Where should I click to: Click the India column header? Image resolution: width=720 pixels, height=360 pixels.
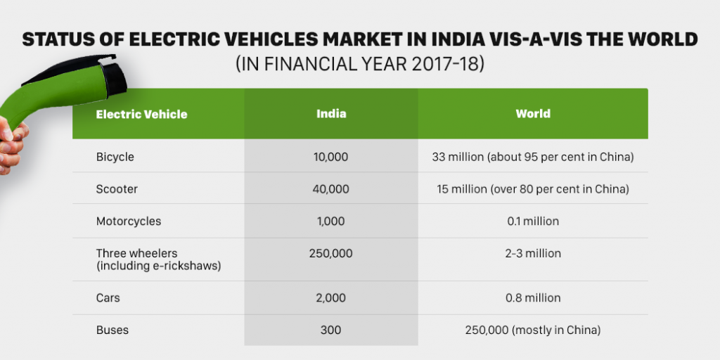click(x=331, y=113)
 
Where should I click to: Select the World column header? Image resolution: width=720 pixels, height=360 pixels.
click(x=533, y=113)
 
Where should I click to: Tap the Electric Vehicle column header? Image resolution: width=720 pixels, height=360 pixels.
click(x=141, y=114)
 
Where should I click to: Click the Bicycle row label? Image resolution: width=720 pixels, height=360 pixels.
click(x=115, y=157)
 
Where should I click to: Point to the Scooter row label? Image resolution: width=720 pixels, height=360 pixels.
click(x=117, y=189)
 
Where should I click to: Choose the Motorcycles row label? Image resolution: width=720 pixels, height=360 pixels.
click(x=129, y=221)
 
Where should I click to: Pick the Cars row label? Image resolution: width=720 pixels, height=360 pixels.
click(x=108, y=298)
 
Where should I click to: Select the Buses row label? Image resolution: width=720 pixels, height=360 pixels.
click(x=112, y=330)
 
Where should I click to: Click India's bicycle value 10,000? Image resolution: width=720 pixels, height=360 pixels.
click(x=331, y=157)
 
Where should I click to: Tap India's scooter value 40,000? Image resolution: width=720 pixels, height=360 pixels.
click(x=331, y=189)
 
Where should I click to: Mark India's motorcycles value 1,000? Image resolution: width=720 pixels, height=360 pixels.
click(x=331, y=221)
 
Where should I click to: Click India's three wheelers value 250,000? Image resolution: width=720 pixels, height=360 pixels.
click(x=331, y=253)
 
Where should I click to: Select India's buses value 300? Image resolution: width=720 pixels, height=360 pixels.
click(x=331, y=330)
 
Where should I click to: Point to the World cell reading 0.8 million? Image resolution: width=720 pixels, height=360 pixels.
click(x=533, y=298)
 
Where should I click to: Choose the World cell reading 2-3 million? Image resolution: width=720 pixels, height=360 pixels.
click(x=533, y=253)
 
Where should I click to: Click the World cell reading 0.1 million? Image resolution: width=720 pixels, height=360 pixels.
click(x=533, y=221)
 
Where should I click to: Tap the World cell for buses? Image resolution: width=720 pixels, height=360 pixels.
click(x=533, y=330)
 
